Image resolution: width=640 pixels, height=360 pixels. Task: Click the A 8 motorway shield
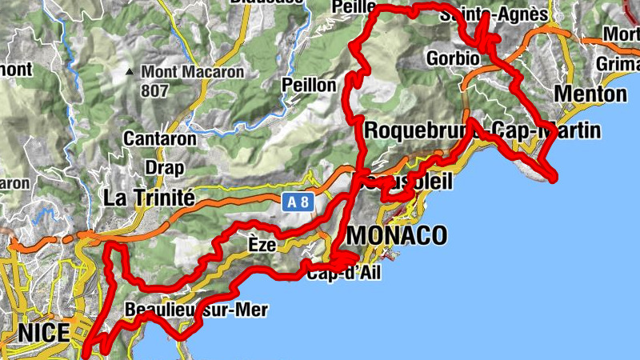click(x=298, y=202)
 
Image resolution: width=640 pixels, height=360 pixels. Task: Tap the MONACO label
click(x=397, y=235)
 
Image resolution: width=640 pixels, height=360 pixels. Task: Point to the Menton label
click(x=590, y=94)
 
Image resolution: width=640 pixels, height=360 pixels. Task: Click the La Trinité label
click(x=150, y=197)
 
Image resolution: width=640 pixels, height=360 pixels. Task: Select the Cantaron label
click(x=160, y=138)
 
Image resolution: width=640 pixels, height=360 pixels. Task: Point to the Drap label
click(x=164, y=168)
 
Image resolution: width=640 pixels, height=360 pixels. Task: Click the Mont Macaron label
click(x=193, y=71)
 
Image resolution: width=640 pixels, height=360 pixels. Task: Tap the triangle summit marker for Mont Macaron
click(x=130, y=72)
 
